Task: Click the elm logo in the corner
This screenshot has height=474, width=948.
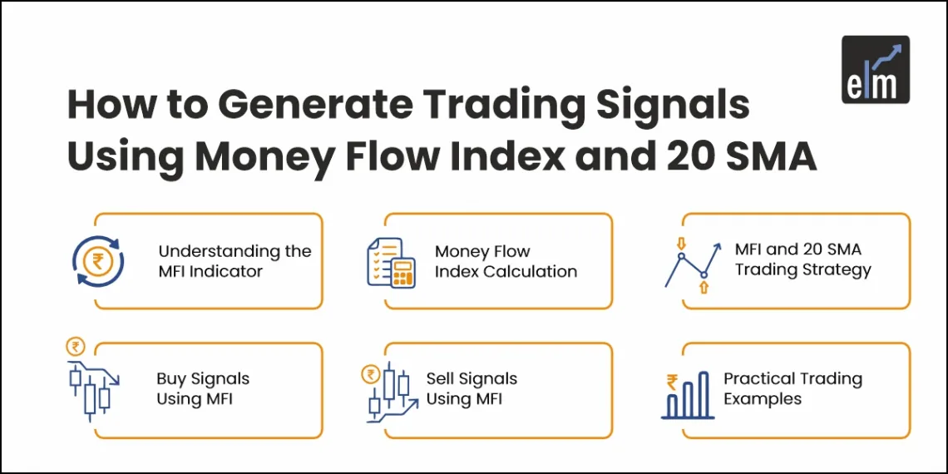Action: (x=875, y=69)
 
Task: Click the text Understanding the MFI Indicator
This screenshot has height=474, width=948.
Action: (x=235, y=261)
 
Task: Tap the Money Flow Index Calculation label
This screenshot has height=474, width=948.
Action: (x=506, y=261)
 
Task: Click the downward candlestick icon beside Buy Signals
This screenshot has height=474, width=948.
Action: (x=91, y=388)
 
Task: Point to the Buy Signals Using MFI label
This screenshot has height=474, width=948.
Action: (x=202, y=388)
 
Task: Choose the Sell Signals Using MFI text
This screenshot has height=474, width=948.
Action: (x=472, y=388)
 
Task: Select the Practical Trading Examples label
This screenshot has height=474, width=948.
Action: (x=792, y=388)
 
